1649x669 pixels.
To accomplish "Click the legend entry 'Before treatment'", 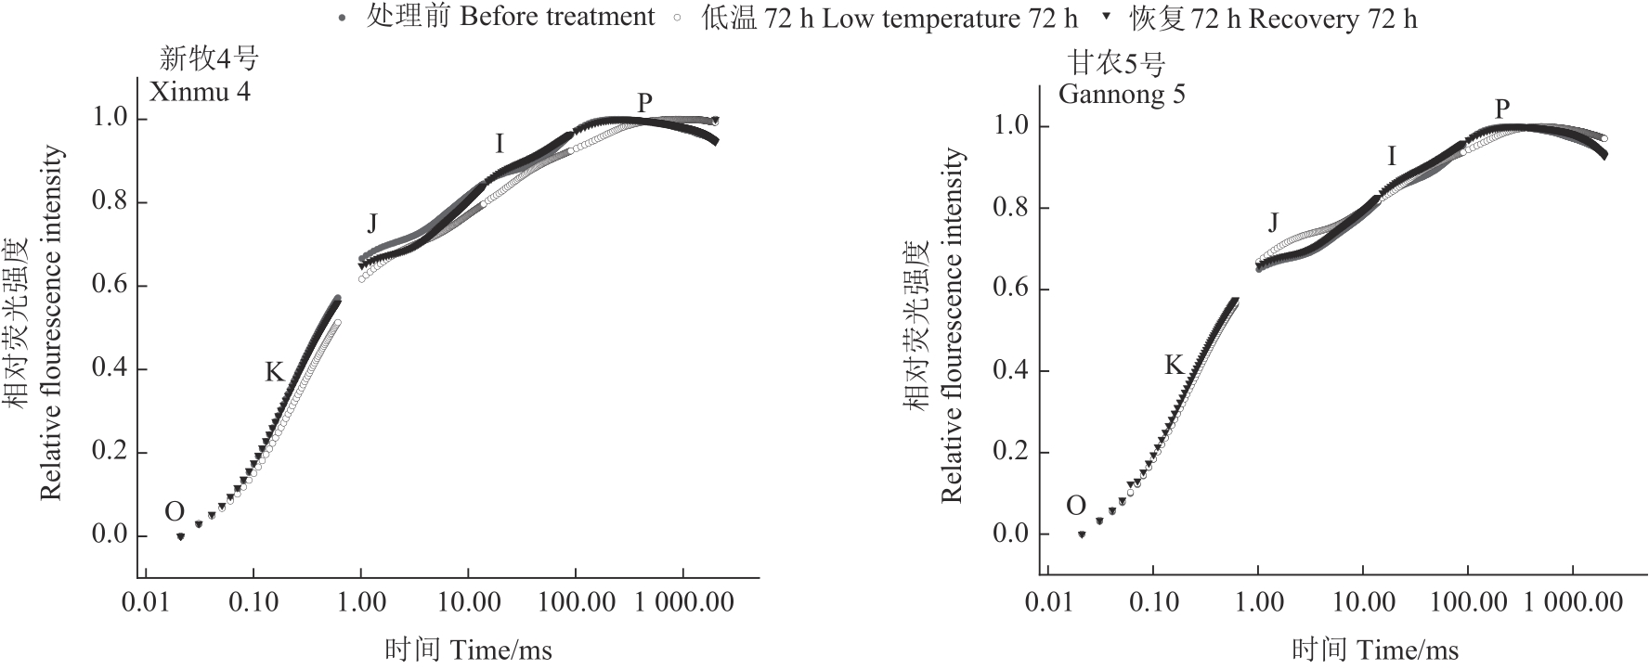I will [x=510, y=18].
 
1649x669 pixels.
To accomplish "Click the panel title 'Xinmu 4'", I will [x=201, y=92].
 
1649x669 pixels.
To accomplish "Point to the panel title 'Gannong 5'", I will [x=1122, y=94].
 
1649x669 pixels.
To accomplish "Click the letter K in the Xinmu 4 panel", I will [x=274, y=373].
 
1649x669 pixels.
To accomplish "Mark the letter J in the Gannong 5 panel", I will [x=1273, y=223].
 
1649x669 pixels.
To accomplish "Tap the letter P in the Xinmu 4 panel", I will [x=644, y=103].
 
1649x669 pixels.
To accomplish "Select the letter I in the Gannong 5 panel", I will [x=1391, y=157].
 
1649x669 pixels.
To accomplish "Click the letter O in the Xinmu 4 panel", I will [x=175, y=511].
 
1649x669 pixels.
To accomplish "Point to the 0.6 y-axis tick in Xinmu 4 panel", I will [x=110, y=286].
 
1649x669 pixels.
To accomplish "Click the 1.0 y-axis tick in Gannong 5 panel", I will [x=1011, y=125].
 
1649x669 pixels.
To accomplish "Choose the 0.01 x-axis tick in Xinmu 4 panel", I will [x=146, y=602].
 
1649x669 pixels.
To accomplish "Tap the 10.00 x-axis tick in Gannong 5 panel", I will [x=1363, y=602].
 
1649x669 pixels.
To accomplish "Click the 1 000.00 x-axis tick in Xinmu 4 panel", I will [x=683, y=602].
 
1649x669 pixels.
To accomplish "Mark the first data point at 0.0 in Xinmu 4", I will [x=180, y=536].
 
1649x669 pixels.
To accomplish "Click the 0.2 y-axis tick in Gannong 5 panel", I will [x=1011, y=453].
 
